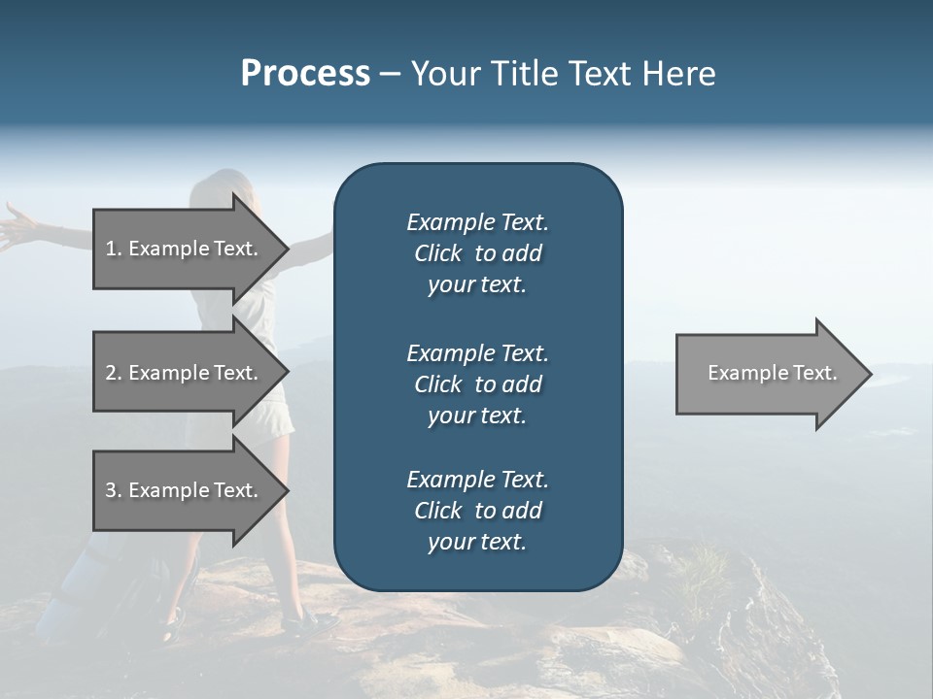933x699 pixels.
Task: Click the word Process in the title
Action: click(x=305, y=74)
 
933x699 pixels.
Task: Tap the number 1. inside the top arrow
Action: click(x=114, y=249)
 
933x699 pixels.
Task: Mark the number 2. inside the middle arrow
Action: click(x=114, y=373)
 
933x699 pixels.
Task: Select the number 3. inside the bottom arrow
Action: click(x=114, y=490)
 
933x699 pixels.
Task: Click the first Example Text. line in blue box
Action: click(x=477, y=222)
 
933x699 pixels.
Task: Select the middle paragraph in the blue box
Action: click(x=477, y=384)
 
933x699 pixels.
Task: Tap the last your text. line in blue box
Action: click(x=477, y=542)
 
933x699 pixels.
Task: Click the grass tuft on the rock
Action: click(x=705, y=568)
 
